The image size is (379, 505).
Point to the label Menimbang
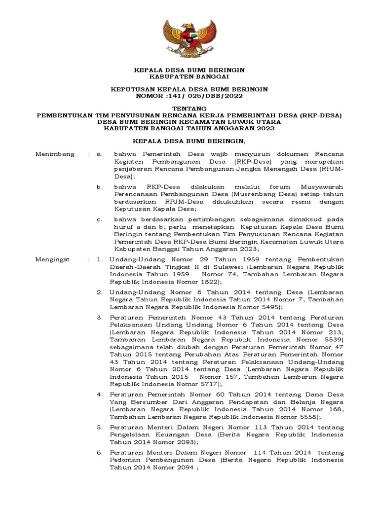click(x=55, y=154)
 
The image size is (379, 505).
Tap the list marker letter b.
click(x=99, y=187)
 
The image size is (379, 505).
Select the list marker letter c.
click(x=99, y=218)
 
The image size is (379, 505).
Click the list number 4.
click(x=99, y=395)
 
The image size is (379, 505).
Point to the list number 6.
click(x=99, y=452)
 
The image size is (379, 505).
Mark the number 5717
click(x=204, y=383)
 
